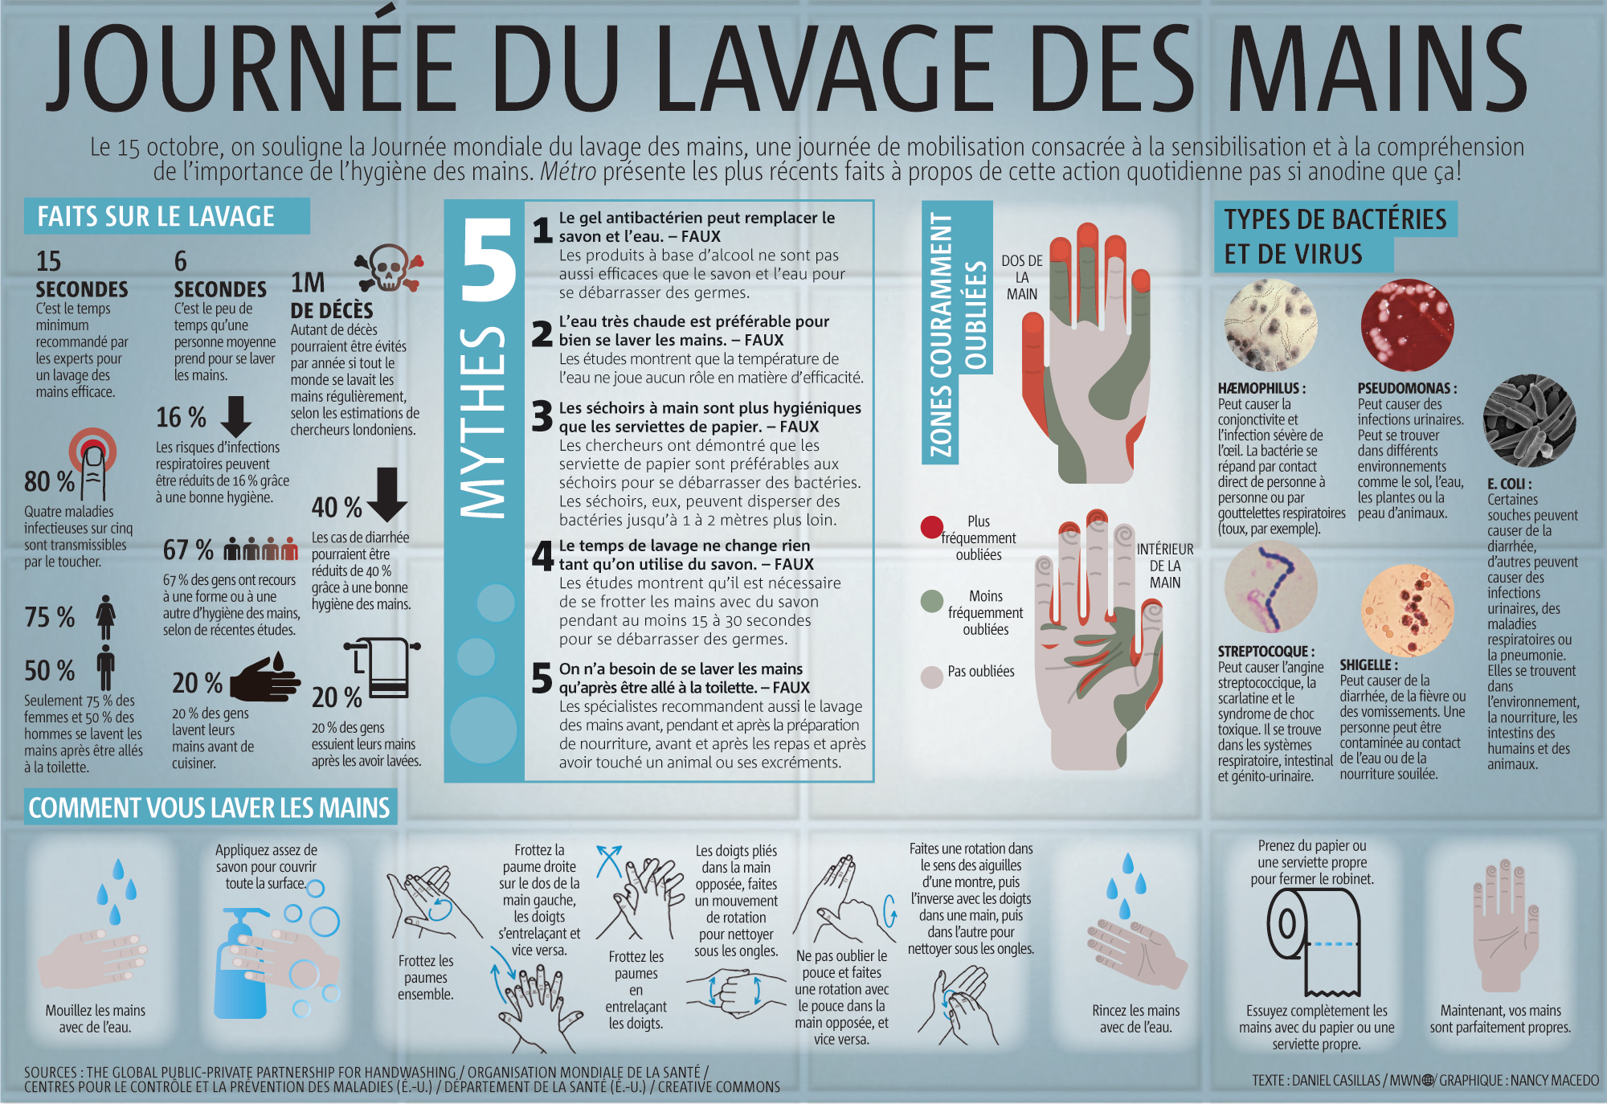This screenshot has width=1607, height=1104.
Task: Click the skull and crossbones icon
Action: pyautogui.click(x=389, y=268)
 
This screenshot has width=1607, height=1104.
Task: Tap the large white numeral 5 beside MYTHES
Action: pyautogui.click(x=488, y=261)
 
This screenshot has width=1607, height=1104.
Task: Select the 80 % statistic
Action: pyautogui.click(x=49, y=481)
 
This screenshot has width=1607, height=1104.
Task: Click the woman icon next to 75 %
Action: pyautogui.click(x=106, y=617)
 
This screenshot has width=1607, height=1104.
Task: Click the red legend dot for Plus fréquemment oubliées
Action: pyautogui.click(x=931, y=527)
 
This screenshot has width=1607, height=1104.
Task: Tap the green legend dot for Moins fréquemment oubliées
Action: pyautogui.click(x=931, y=601)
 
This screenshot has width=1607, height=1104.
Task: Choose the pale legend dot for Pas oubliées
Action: pyautogui.click(x=931, y=677)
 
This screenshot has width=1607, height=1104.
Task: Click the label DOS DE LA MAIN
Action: pyautogui.click(x=1021, y=277)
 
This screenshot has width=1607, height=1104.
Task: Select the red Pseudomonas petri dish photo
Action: pyautogui.click(x=1407, y=325)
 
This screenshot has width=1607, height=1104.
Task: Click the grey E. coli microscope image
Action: pyautogui.click(x=1528, y=420)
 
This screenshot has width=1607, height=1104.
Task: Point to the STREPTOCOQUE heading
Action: pyautogui.click(x=1266, y=651)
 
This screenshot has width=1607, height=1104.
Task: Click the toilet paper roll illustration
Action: pyautogui.click(x=1312, y=948)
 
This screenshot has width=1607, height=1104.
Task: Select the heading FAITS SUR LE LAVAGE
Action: pyautogui.click(x=157, y=216)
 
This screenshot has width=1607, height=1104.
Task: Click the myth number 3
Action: pyautogui.click(x=542, y=417)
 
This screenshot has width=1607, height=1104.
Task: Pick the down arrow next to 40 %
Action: pyautogui.click(x=387, y=494)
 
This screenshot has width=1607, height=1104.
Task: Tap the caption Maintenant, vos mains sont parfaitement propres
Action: pyautogui.click(x=1499, y=1019)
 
